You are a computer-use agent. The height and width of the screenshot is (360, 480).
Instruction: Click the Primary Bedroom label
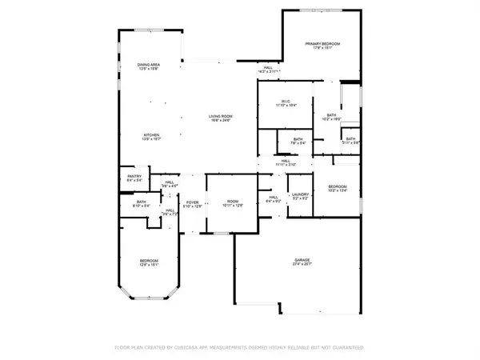(326, 43)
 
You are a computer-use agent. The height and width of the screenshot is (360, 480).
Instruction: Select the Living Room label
(220, 117)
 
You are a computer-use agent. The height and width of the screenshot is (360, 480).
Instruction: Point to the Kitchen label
(151, 134)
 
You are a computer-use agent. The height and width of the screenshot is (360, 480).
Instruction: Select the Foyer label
(192, 202)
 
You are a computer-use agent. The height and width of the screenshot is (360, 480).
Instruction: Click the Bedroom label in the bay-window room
(148, 262)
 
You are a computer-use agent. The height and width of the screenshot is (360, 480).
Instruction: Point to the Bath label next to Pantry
(141, 202)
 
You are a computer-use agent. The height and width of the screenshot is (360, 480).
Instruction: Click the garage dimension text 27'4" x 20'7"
(302, 266)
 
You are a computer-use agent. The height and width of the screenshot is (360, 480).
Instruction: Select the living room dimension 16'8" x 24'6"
(220, 122)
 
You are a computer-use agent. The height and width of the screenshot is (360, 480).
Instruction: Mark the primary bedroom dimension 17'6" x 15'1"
(326, 48)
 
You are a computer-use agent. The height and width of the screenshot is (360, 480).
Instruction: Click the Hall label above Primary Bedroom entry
(269, 67)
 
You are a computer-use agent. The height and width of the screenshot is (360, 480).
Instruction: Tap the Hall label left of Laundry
(272, 197)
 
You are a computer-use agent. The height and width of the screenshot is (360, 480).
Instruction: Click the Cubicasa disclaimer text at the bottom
(240, 347)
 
